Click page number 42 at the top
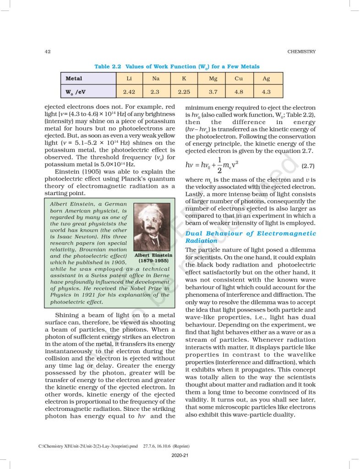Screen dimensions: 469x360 47,51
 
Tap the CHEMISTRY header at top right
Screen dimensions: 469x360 301,51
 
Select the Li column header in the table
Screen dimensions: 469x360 129,78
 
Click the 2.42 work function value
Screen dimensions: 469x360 129,92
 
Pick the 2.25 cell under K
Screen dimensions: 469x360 184,92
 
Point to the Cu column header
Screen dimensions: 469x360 239,78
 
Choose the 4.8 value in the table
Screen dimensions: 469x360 239,92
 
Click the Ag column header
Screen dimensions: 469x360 266,78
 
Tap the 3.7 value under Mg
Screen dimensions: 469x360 213,92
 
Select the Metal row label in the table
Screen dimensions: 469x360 74,78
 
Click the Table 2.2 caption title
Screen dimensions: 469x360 177,66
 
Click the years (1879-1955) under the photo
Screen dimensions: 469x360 153,261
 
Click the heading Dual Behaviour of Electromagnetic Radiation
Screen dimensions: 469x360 250,237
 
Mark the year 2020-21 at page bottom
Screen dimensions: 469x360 180,455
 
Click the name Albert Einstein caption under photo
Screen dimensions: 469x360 153,255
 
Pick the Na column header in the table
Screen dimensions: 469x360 156,78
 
